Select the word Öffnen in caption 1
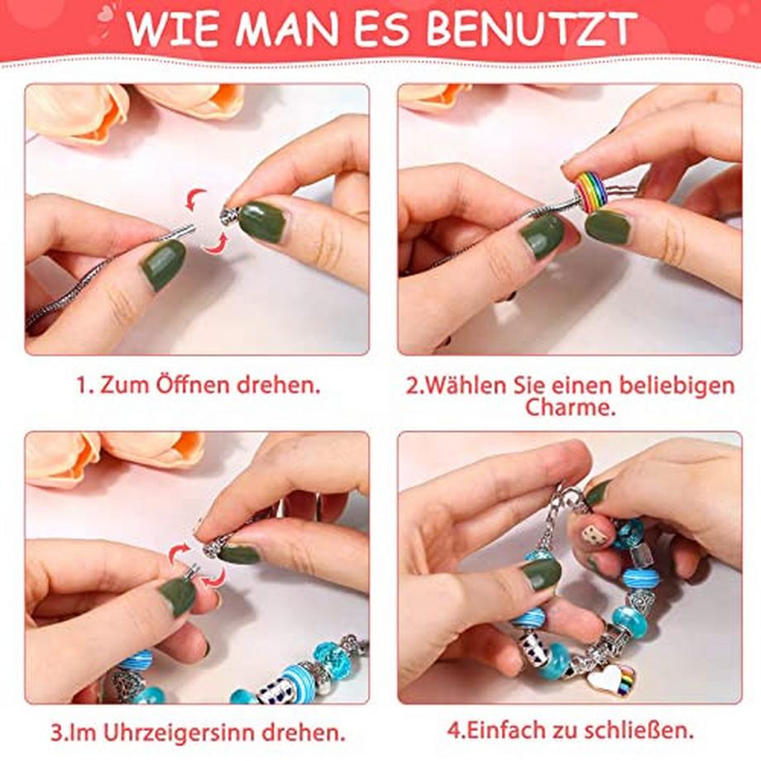pos(192,385)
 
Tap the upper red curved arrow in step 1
pos(194,199)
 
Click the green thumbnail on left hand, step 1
pos(161,265)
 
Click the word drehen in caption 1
pos(279,385)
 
